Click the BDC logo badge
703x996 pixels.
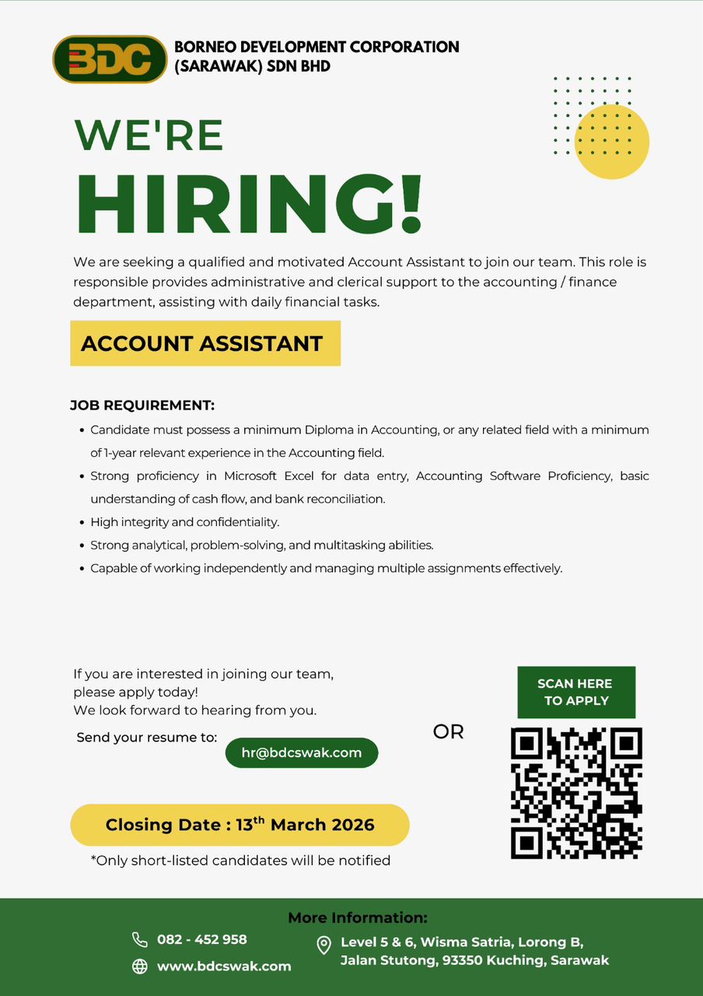(x=110, y=59)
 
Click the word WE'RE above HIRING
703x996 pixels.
(x=149, y=135)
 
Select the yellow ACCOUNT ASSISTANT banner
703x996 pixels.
(x=205, y=343)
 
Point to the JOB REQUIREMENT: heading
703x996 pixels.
(x=142, y=405)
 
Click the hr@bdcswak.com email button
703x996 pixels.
(x=302, y=752)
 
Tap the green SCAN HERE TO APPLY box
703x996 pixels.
(x=576, y=692)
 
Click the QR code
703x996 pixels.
(x=576, y=793)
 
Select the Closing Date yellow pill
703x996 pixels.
(x=240, y=825)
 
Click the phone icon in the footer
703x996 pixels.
(x=140, y=939)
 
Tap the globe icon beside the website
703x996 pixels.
(x=140, y=966)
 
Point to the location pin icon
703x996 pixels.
(x=324, y=945)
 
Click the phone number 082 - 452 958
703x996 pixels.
(x=202, y=939)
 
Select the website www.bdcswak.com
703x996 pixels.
(x=224, y=966)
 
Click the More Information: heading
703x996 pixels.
(x=358, y=917)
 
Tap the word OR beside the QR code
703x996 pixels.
(x=448, y=732)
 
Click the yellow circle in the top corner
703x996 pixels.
(x=612, y=142)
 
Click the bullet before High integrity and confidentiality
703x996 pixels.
(x=82, y=523)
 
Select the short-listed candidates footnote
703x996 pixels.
(x=240, y=860)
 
